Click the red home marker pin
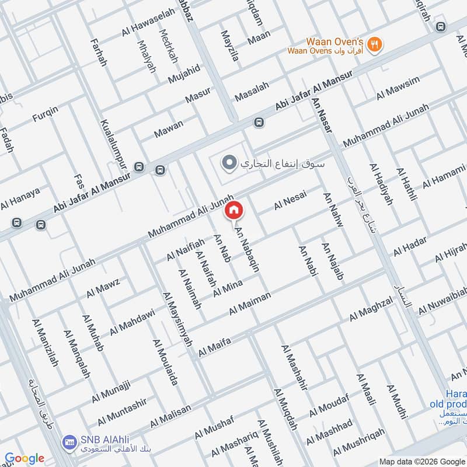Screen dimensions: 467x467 [x=233, y=210]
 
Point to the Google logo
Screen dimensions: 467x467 [x=24, y=458]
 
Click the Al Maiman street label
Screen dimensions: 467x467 [x=250, y=304]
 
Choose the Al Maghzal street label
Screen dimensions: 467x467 [x=371, y=309]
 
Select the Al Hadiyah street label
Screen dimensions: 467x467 [x=381, y=184]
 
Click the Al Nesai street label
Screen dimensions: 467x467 [x=290, y=202]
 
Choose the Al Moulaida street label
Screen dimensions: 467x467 [x=165, y=362]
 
